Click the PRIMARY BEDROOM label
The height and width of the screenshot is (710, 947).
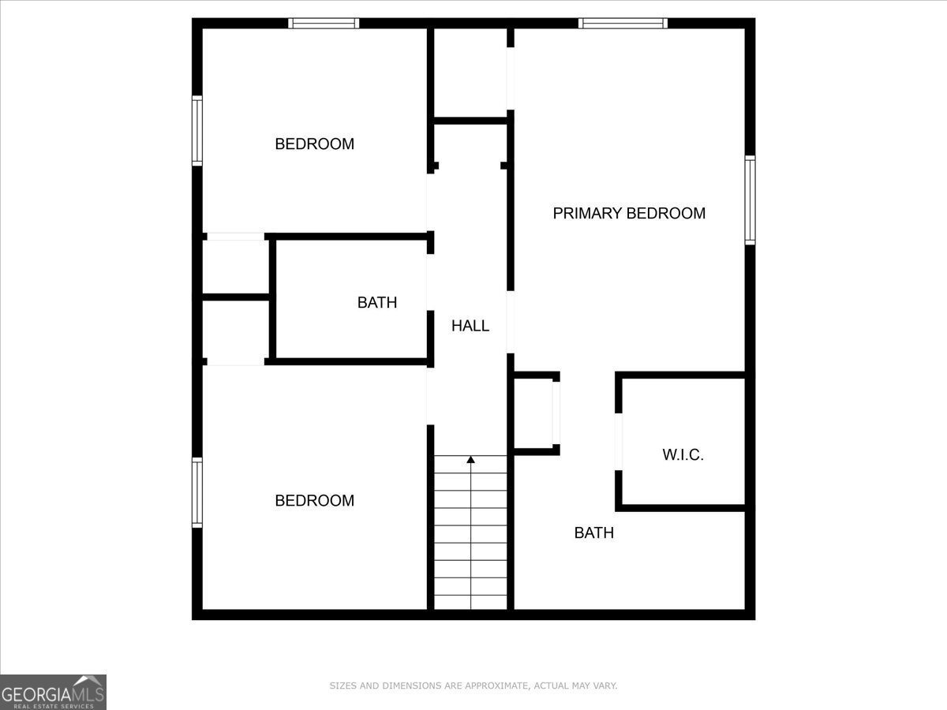[629, 213]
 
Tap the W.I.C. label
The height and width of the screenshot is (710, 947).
[683, 454]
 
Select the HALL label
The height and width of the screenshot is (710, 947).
[470, 325]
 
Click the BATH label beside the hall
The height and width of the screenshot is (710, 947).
[377, 302]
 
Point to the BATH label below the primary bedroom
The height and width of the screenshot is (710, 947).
[593, 532]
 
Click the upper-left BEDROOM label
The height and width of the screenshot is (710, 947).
[314, 144]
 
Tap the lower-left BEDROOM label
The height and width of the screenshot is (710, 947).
[314, 500]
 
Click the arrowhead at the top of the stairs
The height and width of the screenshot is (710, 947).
[471, 458]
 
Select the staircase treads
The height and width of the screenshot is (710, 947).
[471, 536]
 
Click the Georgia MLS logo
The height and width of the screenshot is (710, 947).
[53, 692]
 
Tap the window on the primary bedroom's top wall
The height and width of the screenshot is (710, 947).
[623, 23]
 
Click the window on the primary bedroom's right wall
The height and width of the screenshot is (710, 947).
[750, 200]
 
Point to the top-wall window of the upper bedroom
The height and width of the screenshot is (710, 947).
[324, 23]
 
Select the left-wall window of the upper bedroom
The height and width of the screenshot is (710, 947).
[197, 130]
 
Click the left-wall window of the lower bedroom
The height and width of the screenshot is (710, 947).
[197, 493]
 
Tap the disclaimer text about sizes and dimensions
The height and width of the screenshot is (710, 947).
[473, 686]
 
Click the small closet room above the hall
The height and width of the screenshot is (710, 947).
[471, 73]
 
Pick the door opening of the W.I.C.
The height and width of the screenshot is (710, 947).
[619, 442]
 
